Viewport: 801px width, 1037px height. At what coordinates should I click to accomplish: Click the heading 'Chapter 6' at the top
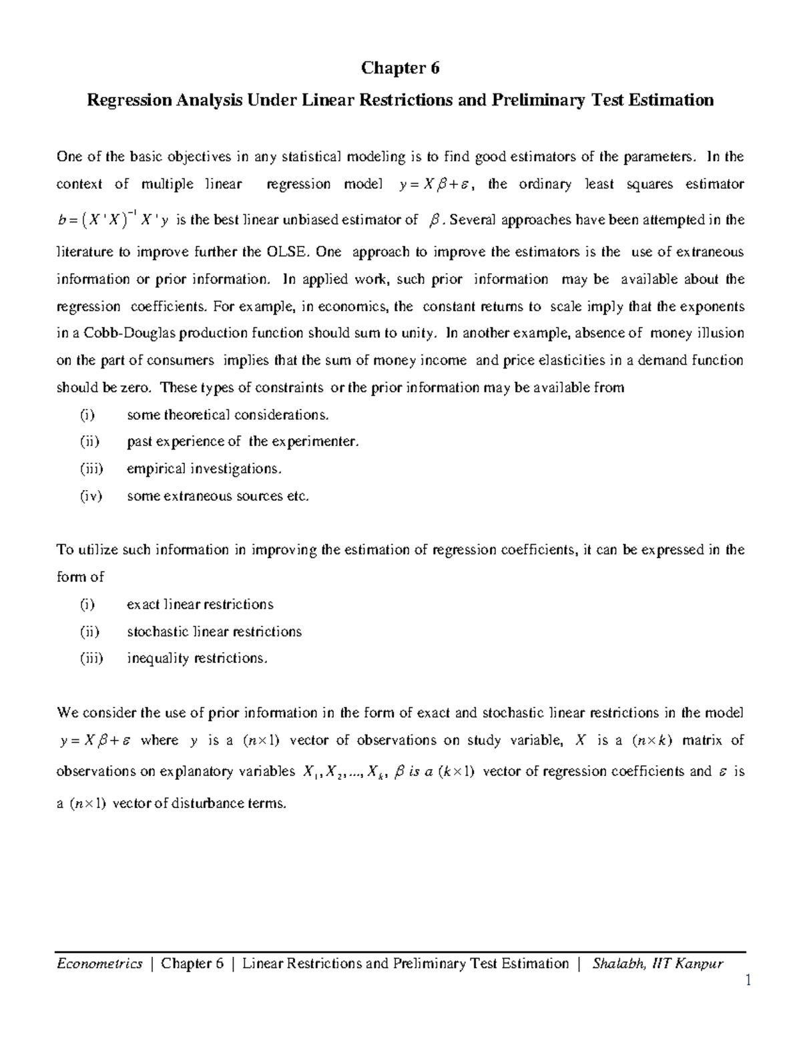pos(400,68)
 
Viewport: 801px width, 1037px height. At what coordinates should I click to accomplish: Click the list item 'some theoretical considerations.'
pos(228,415)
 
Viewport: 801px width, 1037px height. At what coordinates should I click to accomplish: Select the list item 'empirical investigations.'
pos(204,469)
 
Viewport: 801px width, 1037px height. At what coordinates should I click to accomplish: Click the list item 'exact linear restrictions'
pos(200,604)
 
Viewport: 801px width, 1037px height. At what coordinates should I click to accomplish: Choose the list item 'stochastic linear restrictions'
pos(214,632)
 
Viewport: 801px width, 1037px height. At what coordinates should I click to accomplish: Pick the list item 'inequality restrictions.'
pos(197,658)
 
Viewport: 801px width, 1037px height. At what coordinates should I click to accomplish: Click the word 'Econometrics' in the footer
pos(99,964)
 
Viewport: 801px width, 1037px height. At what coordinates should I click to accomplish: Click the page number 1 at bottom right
pos(748,980)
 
